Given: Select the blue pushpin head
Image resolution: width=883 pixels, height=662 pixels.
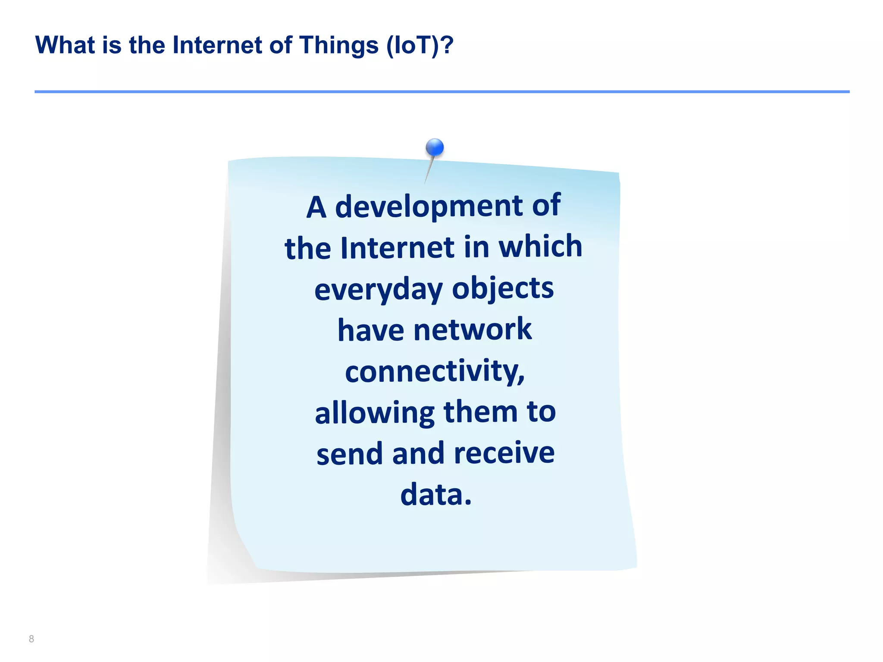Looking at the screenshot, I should [435, 147].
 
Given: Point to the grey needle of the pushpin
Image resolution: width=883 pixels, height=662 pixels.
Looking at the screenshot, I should [429, 170].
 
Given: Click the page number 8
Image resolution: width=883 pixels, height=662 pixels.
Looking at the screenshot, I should [31, 639].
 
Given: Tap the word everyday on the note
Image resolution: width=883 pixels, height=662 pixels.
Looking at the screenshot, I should [378, 289].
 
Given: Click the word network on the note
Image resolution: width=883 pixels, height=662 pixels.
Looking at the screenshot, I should [473, 330].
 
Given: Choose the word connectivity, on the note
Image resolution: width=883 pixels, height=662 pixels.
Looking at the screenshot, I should [435, 371].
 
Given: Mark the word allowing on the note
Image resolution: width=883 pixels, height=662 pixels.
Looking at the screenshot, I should [374, 413].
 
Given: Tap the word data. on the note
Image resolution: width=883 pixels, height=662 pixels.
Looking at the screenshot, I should [436, 494].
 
